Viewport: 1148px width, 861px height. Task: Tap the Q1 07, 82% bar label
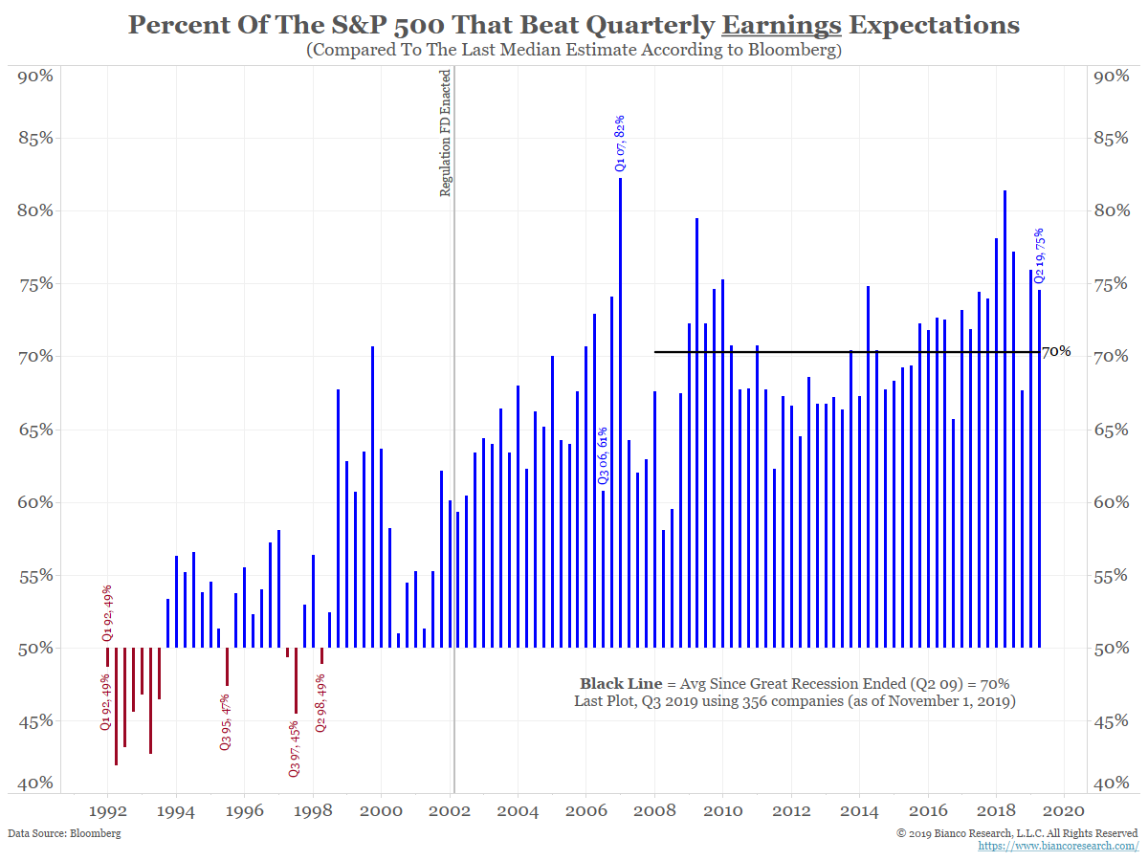[x=619, y=143]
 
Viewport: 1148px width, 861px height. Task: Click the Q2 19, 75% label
[x=1039, y=254]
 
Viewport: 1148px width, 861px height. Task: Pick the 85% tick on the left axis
[x=36, y=138]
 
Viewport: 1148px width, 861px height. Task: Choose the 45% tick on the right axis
[x=1111, y=721]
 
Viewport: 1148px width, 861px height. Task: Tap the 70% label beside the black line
[x=1056, y=352]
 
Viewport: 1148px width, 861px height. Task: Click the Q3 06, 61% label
[x=603, y=455]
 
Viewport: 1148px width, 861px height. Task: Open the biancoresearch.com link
[x=1058, y=846]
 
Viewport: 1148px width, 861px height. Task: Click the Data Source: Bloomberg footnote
[x=64, y=833]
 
